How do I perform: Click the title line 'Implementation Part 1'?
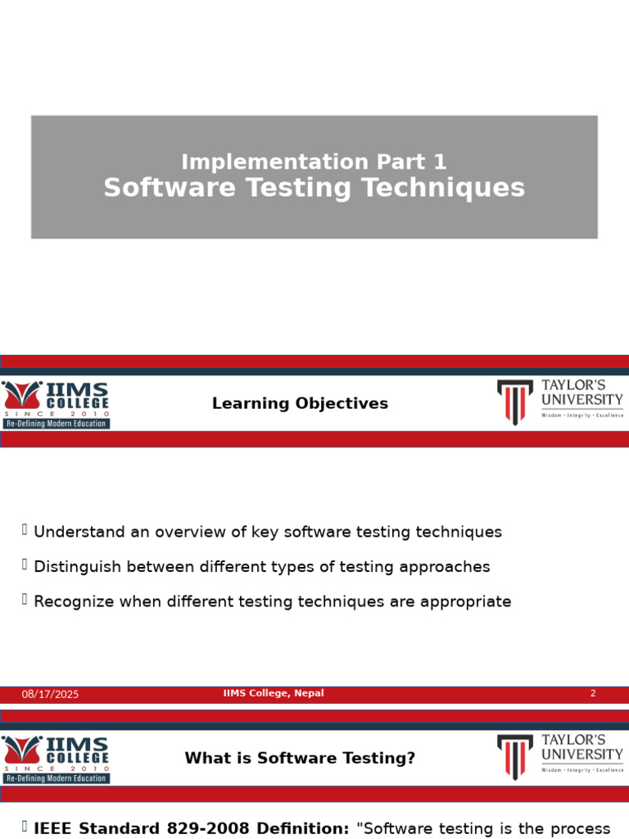(x=314, y=162)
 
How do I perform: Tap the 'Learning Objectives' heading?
(x=300, y=404)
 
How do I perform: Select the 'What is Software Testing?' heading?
(x=300, y=759)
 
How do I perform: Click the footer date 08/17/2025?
(x=50, y=695)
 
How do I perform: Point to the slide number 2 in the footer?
(x=593, y=694)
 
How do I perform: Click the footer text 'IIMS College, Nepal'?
(x=274, y=694)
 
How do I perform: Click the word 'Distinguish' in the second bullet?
(x=79, y=567)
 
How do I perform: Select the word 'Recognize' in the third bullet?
(x=75, y=602)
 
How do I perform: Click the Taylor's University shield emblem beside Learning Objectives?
(x=515, y=401)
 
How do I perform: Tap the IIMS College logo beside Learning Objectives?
(x=56, y=399)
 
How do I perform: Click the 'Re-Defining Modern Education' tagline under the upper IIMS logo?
(x=56, y=424)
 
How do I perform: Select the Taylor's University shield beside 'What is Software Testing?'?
(x=515, y=756)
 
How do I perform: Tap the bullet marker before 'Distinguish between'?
(x=25, y=565)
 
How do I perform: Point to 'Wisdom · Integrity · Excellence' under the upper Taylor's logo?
(x=582, y=415)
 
